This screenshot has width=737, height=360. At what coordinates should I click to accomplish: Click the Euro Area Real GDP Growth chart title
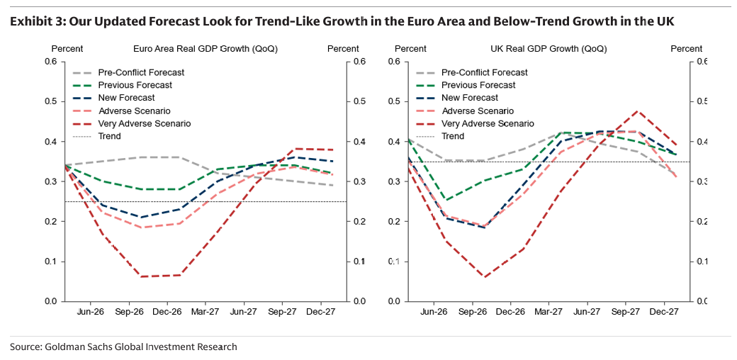tap(206, 49)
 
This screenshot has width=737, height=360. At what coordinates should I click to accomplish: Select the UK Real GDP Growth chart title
tap(548, 49)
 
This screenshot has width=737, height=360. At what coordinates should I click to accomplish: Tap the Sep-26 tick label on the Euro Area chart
tap(128, 311)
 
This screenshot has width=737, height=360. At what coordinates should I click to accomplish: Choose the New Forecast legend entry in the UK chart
tap(470, 98)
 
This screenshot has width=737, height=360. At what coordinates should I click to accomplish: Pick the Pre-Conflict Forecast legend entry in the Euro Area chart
tap(141, 72)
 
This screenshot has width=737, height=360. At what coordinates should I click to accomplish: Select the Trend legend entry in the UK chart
tap(453, 136)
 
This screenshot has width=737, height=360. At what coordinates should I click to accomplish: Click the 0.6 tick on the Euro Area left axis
tap(50, 62)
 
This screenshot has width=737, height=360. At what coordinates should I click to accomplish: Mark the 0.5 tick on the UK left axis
tap(393, 101)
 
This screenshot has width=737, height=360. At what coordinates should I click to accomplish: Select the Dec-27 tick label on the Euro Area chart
tap(320, 311)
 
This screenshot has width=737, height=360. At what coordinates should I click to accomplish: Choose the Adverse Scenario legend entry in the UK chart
tap(478, 111)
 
